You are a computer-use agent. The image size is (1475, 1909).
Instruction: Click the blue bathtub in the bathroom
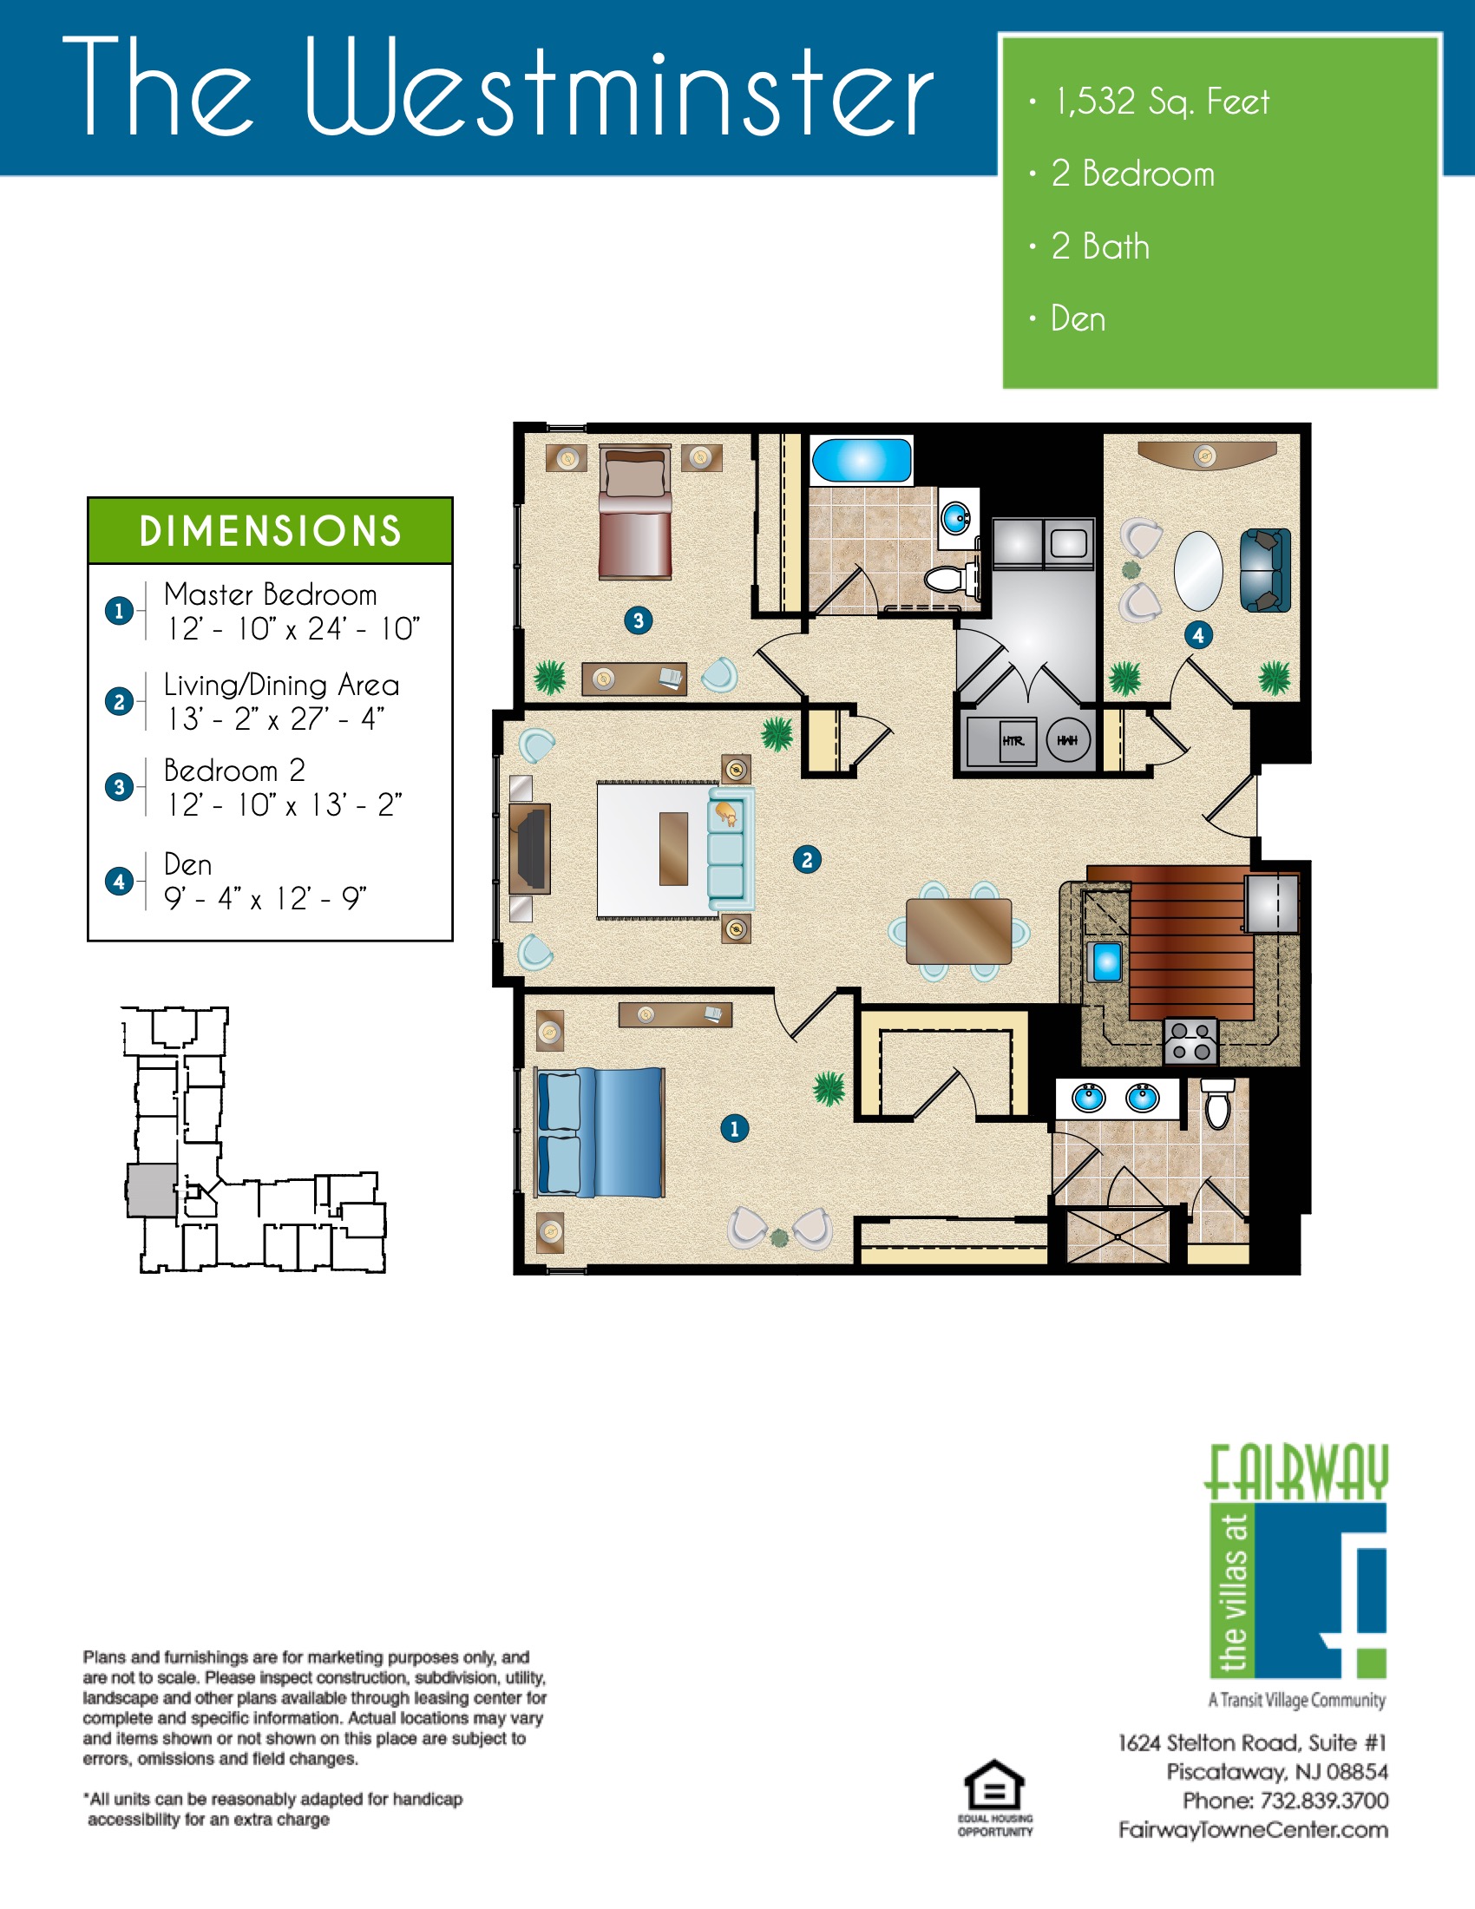[862, 460]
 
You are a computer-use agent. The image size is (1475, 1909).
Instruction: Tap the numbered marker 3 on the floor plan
[638, 620]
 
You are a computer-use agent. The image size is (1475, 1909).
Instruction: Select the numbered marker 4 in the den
[1198, 635]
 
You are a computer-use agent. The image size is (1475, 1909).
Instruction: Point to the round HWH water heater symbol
[1068, 740]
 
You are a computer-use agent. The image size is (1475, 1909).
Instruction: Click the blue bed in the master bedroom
[600, 1132]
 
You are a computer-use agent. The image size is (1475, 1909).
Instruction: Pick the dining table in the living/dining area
[959, 931]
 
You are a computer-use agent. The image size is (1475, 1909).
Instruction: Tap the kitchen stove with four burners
[1190, 1041]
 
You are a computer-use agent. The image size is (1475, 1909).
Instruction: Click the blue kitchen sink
[1106, 962]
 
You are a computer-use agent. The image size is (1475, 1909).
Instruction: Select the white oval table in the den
[1197, 571]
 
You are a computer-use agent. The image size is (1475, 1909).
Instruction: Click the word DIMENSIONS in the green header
[270, 531]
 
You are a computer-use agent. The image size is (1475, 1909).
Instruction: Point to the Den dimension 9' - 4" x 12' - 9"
[265, 898]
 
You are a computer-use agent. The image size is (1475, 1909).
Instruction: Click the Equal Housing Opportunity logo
[994, 1799]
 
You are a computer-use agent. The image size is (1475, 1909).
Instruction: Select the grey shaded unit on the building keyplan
[153, 1191]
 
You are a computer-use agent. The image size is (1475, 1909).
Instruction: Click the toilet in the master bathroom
[1217, 1103]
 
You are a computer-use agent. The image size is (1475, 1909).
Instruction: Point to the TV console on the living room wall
[530, 849]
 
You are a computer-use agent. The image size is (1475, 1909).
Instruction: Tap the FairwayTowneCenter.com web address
[1253, 1830]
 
